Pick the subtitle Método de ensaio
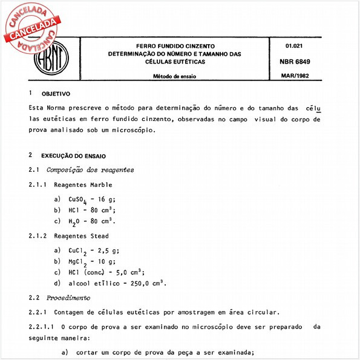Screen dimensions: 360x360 pyautogui.click(x=174, y=77)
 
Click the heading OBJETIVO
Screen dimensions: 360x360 pyautogui.click(x=56, y=94)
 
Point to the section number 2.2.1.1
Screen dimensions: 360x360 pyautogui.click(x=42, y=327)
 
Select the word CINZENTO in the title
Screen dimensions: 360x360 pyautogui.click(x=206, y=46)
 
